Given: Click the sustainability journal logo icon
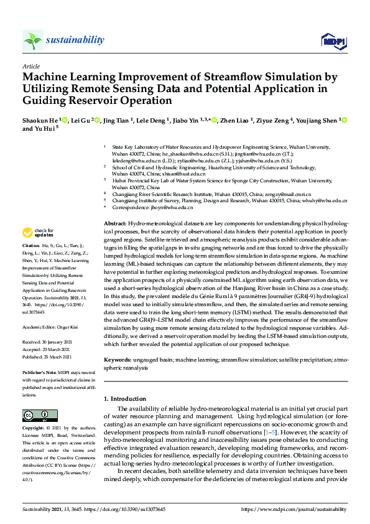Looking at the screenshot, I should point(33,40).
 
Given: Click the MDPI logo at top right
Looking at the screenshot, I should point(333,41).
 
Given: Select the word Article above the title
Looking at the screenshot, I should point(31,66).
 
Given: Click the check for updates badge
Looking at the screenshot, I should point(38,233).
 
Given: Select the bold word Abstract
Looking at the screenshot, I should point(115,223).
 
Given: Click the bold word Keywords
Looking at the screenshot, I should point(118,360).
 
